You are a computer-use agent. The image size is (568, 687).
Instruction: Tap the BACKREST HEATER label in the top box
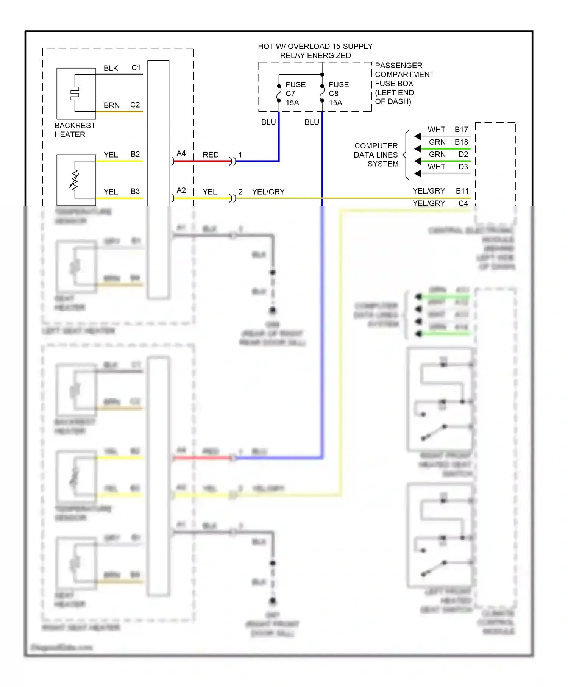[x=75, y=130]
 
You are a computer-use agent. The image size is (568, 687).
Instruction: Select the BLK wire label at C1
[x=111, y=68]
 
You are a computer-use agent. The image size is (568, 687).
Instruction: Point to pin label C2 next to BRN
[x=135, y=105]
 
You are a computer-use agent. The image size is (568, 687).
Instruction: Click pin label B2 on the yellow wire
[x=135, y=155]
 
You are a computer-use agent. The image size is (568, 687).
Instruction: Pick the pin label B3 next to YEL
[x=135, y=192]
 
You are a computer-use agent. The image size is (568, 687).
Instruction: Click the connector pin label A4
[x=181, y=153]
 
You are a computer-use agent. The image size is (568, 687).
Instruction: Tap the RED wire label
[x=211, y=155]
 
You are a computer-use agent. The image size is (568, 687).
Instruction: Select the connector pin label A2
[x=181, y=190]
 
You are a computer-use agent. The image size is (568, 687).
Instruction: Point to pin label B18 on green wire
[x=461, y=142]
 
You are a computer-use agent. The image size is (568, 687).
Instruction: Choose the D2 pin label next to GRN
[x=463, y=154]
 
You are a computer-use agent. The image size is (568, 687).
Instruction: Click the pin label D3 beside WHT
[x=463, y=167]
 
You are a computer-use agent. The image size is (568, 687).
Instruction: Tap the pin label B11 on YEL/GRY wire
[x=462, y=191]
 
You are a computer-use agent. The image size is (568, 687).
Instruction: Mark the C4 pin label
[x=463, y=203]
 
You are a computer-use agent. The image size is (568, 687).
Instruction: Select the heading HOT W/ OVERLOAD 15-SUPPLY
[x=315, y=46]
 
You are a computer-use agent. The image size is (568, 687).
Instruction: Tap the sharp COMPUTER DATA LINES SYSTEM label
[x=376, y=155]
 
